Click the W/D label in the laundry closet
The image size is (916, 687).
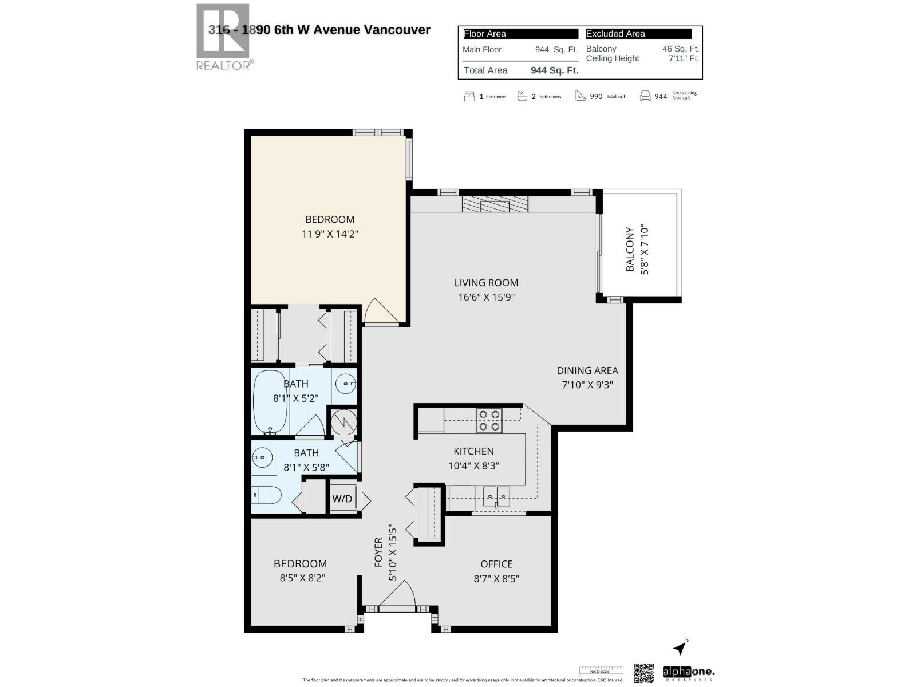coord(342,499)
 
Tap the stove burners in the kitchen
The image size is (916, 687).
coord(489,420)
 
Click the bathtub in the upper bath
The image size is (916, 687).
coord(271,402)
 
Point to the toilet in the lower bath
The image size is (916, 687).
coord(267,495)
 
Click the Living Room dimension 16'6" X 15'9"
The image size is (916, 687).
coord(486,297)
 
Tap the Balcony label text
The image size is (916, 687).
coord(630,250)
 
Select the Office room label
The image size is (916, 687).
coord(496,564)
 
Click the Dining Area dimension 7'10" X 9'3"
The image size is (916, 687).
coord(587,385)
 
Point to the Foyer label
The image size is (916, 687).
coord(378,552)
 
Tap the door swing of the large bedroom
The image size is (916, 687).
coord(380,311)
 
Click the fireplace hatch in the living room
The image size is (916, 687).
coord(495,205)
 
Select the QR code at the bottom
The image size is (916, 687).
coord(643,673)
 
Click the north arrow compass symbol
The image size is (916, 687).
coord(680,647)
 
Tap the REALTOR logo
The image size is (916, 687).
coord(223,37)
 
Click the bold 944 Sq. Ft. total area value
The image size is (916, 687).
coord(554,70)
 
